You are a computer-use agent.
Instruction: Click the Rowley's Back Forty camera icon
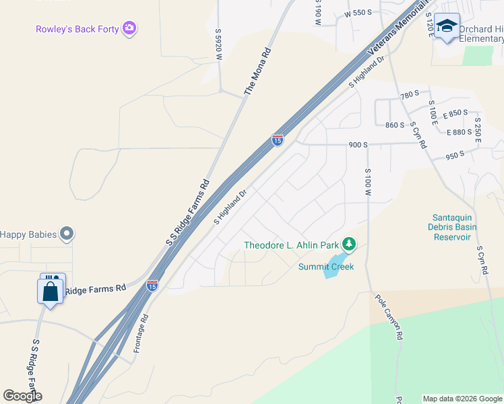point(130,28)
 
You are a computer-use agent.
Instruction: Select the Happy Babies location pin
point(66,234)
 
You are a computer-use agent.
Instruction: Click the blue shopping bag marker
point(50,292)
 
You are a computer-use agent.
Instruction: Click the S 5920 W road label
point(218,45)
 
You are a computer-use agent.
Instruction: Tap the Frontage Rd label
point(140,333)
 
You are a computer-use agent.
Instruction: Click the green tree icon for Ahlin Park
point(348,243)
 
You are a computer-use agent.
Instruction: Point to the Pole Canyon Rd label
point(389,316)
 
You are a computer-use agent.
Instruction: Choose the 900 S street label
point(357,145)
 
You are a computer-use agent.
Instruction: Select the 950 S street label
point(455,155)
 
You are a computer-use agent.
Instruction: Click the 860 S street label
point(394,125)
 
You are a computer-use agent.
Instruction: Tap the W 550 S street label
point(358,13)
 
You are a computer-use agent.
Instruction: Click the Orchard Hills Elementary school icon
point(446,26)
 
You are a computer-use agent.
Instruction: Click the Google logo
point(22,396)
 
